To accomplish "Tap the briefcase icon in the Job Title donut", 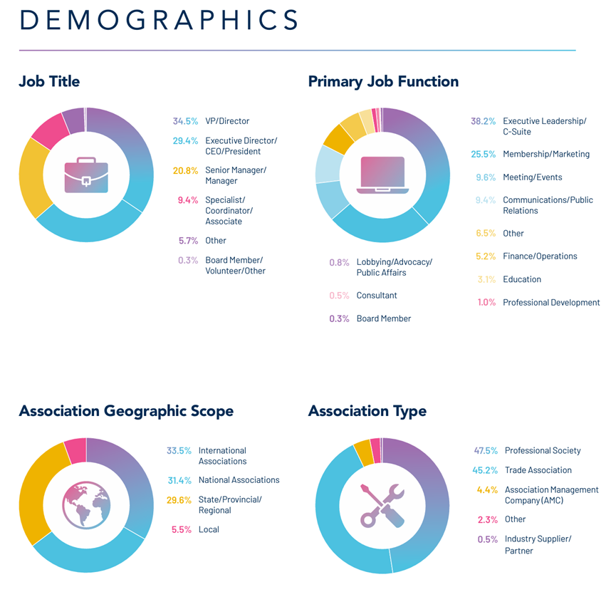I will (86, 175).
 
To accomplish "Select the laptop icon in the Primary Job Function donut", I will (382, 175).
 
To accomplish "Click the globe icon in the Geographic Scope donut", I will (86, 505).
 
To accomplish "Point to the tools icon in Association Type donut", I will (382, 505).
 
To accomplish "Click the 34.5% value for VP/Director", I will (185, 121).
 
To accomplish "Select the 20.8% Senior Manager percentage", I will (185, 170).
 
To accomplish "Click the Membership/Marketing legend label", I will (546, 154).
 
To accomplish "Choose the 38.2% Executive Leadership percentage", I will (483, 121).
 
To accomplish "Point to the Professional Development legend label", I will (551, 302).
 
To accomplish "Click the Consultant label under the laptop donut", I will (377, 295).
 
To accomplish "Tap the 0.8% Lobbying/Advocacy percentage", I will (339, 262).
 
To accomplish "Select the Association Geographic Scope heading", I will (126, 411).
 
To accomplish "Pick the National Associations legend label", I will (239, 480).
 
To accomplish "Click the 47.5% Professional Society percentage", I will (486, 450).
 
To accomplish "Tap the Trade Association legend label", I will (538, 470).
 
